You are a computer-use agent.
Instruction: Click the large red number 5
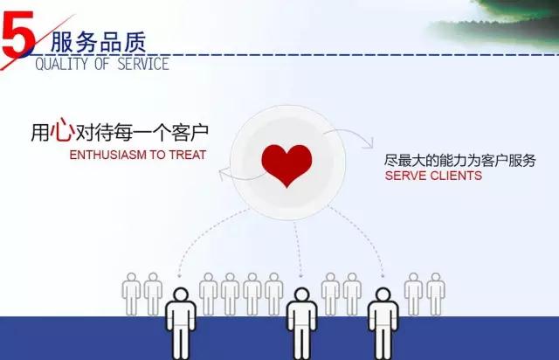[x=17, y=34]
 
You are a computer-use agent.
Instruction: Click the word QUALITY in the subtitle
[x=61, y=64]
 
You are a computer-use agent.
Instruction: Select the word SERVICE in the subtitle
[x=143, y=64]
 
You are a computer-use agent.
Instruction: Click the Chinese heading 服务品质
[x=99, y=42]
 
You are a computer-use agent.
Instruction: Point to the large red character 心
[x=62, y=129]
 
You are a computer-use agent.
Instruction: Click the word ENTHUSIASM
[x=108, y=155]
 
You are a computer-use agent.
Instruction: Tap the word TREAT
[x=188, y=155]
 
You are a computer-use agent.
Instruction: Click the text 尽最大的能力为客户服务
[x=460, y=161]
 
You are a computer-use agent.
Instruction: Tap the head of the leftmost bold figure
[x=181, y=295]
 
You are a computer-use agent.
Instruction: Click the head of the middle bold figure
[x=302, y=295]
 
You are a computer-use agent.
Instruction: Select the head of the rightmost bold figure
[x=383, y=295]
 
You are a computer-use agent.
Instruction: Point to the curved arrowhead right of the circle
[x=369, y=142]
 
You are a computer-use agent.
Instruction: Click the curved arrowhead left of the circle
[x=224, y=174]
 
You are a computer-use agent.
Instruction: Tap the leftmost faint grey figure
[x=132, y=294]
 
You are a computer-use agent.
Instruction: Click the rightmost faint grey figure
[x=436, y=294]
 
